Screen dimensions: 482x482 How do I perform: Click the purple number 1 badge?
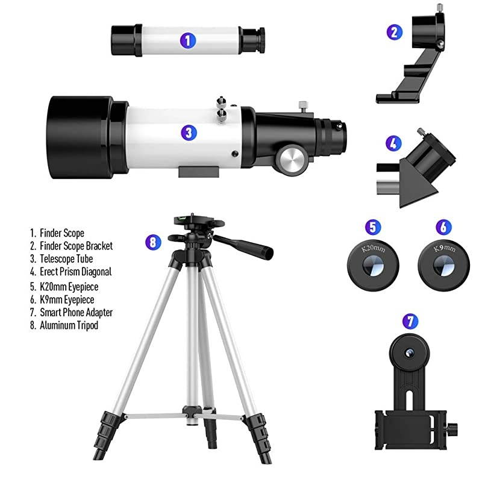click(189, 40)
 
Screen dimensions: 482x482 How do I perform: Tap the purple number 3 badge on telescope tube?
click(189, 132)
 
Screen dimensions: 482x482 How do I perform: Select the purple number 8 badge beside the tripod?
click(154, 242)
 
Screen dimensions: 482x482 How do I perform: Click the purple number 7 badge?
click(410, 321)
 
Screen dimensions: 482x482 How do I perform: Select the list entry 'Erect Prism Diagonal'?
click(75, 272)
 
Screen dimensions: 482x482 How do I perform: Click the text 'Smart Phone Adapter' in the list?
click(76, 312)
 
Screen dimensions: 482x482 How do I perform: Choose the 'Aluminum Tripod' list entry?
click(69, 325)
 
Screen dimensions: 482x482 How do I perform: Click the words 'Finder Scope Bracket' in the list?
click(76, 246)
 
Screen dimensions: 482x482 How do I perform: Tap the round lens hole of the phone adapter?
click(410, 351)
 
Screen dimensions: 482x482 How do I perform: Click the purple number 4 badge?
click(393, 144)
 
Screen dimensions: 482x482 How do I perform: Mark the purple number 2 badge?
click(394, 32)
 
